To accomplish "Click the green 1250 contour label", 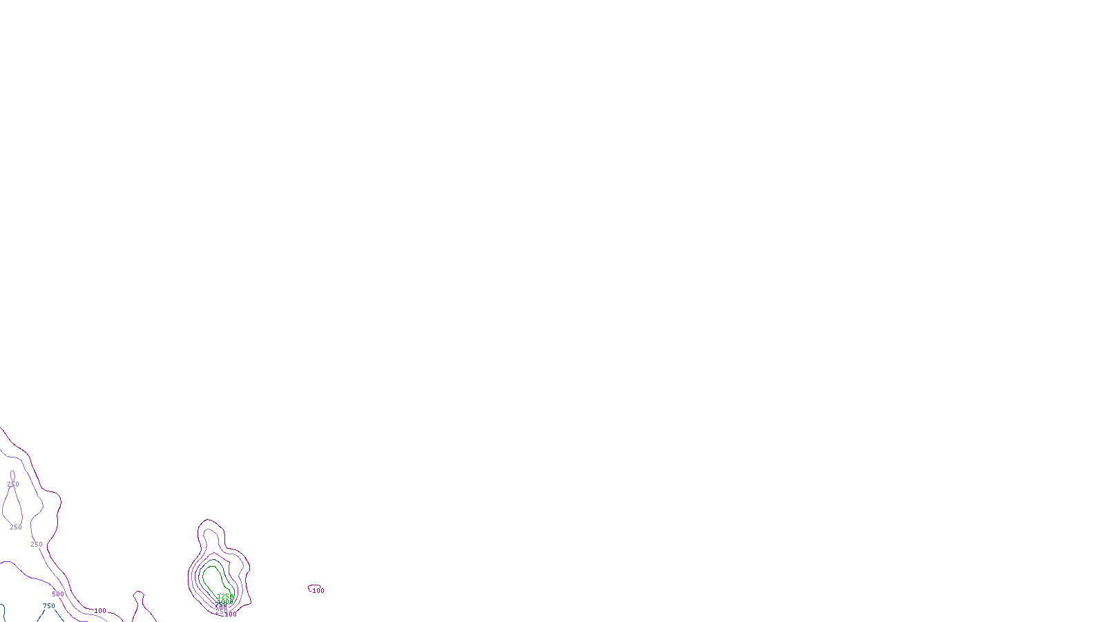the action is (x=225, y=596).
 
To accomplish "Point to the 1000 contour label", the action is (x=224, y=602).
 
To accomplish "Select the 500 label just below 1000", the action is (x=221, y=607).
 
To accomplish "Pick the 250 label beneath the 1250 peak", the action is (x=222, y=612).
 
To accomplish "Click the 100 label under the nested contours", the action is (x=230, y=614).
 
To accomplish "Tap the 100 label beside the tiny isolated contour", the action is (x=318, y=591).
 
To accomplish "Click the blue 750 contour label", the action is (x=49, y=606).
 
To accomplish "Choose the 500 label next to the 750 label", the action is (x=57, y=594).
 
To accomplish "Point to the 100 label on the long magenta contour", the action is (x=100, y=611).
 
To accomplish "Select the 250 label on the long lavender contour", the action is (x=37, y=545).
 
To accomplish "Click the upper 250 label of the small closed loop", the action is (x=13, y=484).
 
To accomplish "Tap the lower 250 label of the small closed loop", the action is (x=16, y=527).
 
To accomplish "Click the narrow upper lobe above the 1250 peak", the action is (x=211, y=532).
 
